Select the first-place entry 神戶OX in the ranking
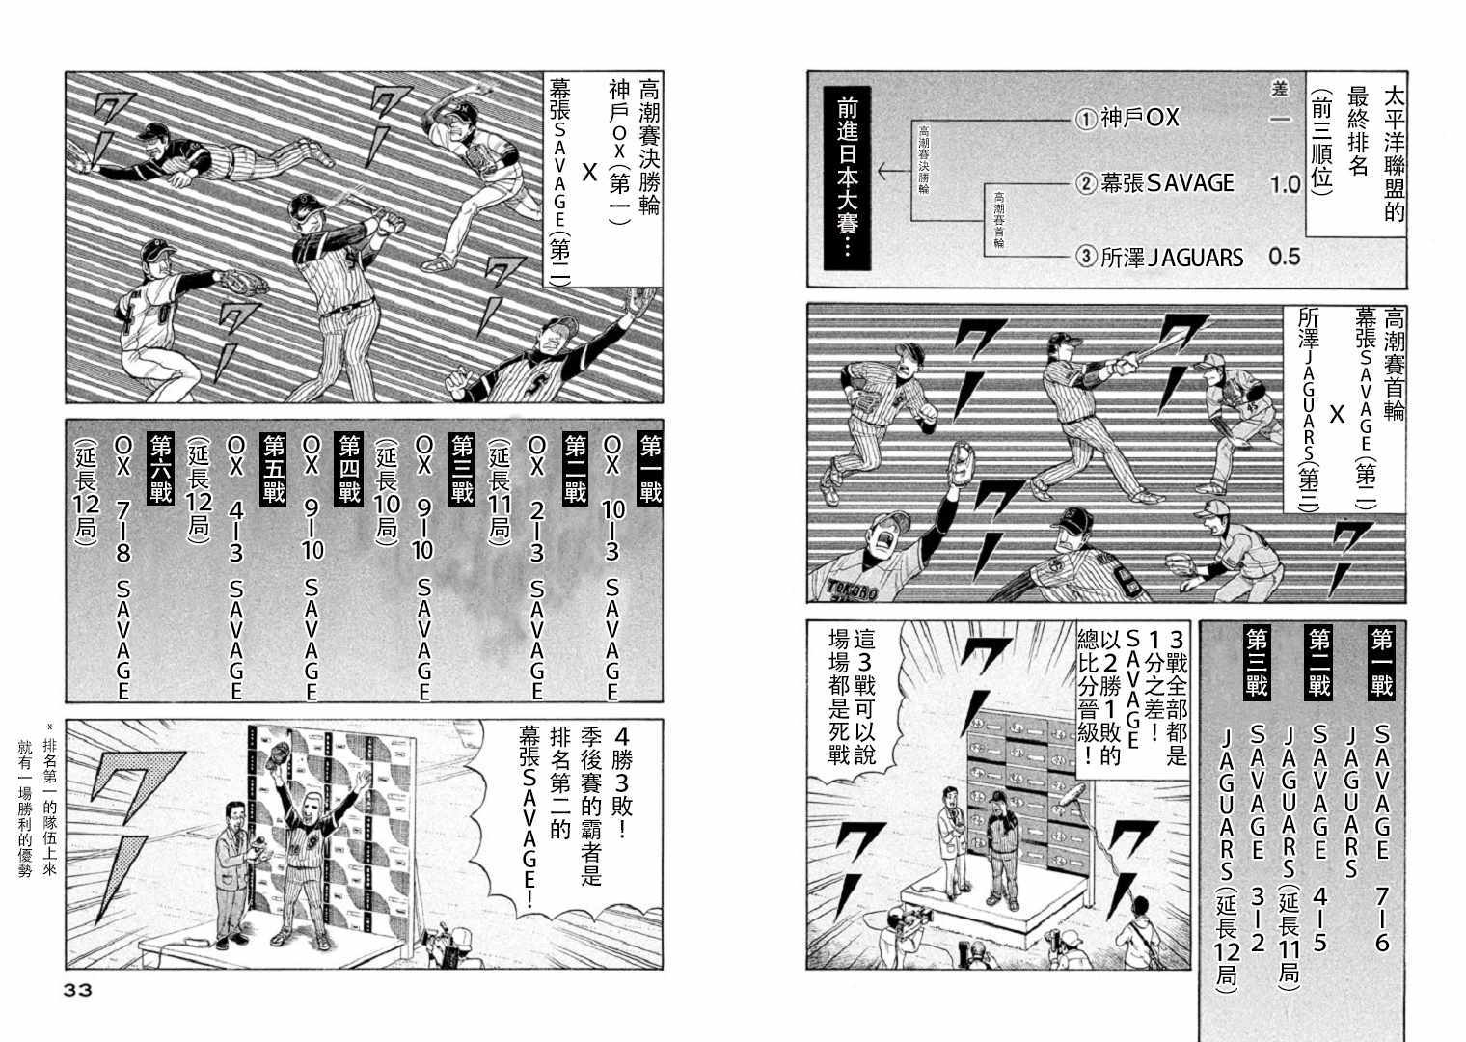coord(1128,118)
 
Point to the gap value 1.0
coord(1285,184)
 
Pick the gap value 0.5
coord(1285,257)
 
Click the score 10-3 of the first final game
coord(612,530)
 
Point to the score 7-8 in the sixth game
coord(122,530)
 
